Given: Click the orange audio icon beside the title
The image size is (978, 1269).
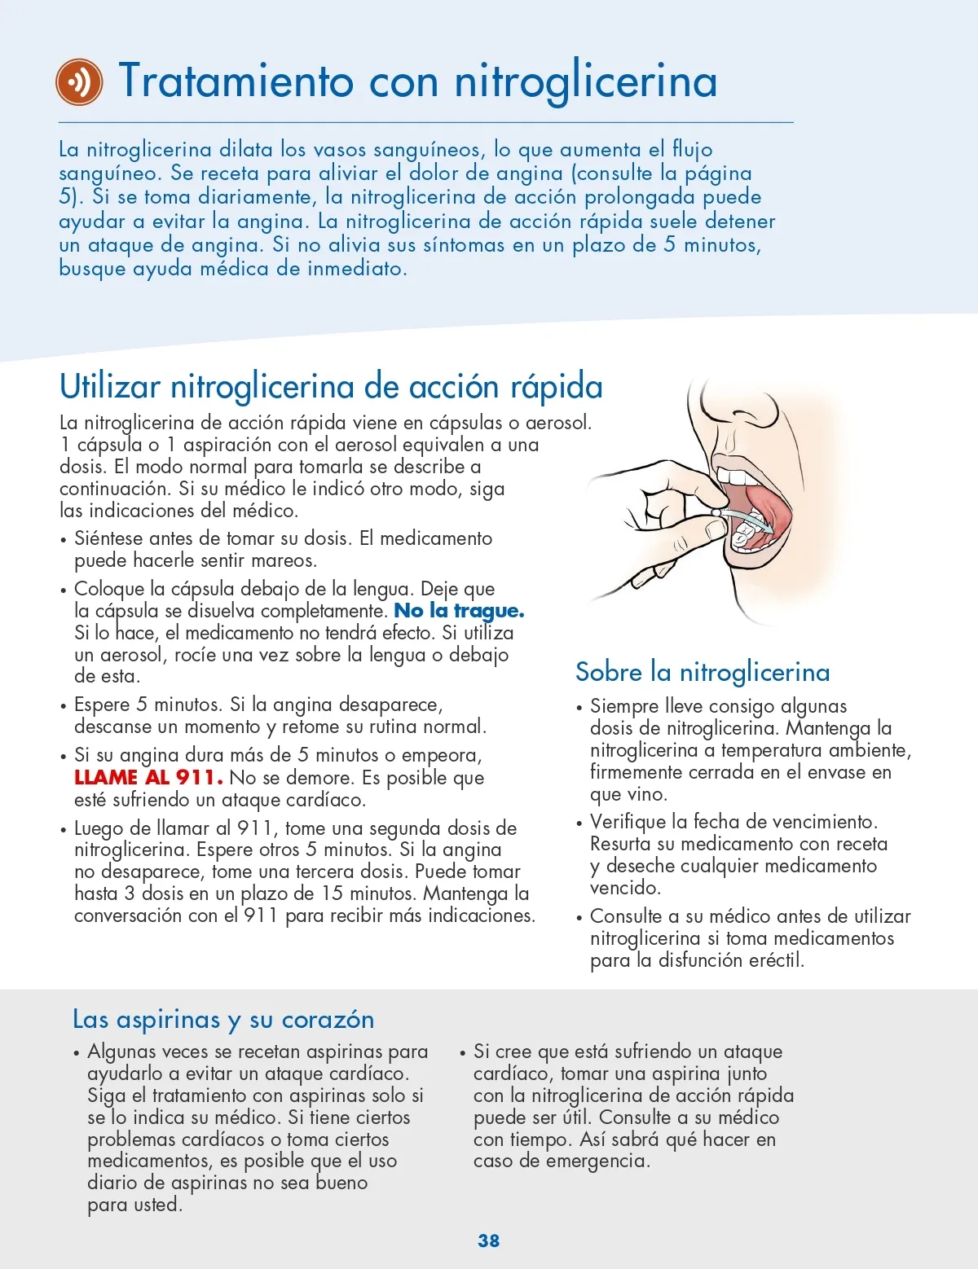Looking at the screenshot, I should pyautogui.click(x=79, y=81).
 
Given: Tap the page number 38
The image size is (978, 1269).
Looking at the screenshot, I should pyautogui.click(x=488, y=1240).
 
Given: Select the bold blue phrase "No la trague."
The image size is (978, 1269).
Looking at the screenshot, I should pyautogui.click(x=459, y=611).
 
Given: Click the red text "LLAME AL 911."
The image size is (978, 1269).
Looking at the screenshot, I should pyautogui.click(x=148, y=778).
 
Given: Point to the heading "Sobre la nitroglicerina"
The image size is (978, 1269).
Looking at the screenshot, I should pyautogui.click(x=702, y=673).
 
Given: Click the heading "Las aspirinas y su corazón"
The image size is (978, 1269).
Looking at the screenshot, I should pyautogui.click(x=223, y=1020).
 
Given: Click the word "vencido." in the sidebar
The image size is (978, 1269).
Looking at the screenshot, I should pyautogui.click(x=625, y=888).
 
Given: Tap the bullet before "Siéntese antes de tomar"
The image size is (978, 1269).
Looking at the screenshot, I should pyautogui.click(x=64, y=540).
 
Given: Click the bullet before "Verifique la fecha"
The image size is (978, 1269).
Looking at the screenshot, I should pyautogui.click(x=579, y=823).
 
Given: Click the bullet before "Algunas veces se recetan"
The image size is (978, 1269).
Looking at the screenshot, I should pyautogui.click(x=77, y=1053).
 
